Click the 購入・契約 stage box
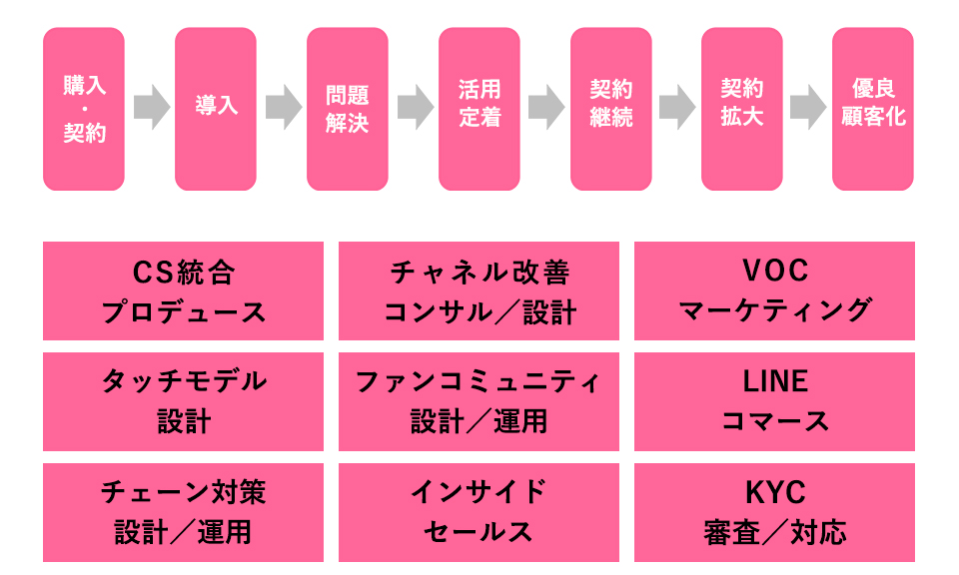pyautogui.click(x=84, y=109)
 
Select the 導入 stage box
pyautogui.click(x=216, y=109)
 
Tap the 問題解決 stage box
pyautogui.click(x=348, y=109)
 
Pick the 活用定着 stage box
pyautogui.click(x=479, y=109)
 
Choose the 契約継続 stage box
pyautogui.click(x=611, y=109)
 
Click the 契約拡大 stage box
pyautogui.click(x=742, y=109)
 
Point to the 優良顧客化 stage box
pyautogui.click(x=873, y=109)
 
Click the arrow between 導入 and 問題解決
pyautogui.click(x=283, y=107)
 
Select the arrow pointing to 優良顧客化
pyautogui.click(x=808, y=107)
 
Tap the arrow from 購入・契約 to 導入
pyautogui.click(x=151, y=107)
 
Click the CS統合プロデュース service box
pyautogui.click(x=184, y=290)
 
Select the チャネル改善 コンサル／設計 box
pyautogui.click(x=479, y=290)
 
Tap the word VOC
pyautogui.click(x=775, y=272)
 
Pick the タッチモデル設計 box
pyautogui.click(x=184, y=401)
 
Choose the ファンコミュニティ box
pyautogui.click(x=479, y=401)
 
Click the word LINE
pyautogui.click(x=775, y=382)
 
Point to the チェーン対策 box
pyautogui.click(x=184, y=512)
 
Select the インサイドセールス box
pyautogui.click(x=479, y=512)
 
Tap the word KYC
pyautogui.click(x=775, y=493)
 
